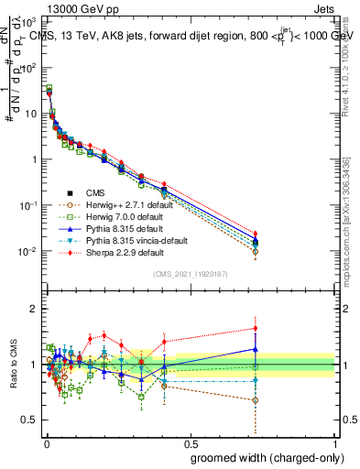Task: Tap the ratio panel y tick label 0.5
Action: [x=29, y=420]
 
